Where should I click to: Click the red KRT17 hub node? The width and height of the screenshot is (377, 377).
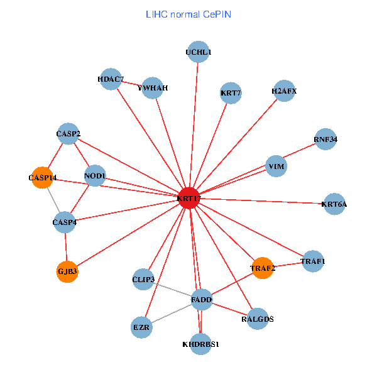188,198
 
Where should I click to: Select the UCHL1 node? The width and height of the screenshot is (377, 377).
199,53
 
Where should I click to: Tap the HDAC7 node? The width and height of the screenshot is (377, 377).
111,79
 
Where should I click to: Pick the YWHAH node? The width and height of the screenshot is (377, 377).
153,88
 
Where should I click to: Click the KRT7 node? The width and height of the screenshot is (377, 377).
231,93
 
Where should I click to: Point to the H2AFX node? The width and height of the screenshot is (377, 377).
284,91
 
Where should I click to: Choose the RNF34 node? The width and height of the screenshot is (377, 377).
325,139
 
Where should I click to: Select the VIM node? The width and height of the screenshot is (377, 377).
276,167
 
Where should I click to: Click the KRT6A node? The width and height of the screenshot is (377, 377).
334,204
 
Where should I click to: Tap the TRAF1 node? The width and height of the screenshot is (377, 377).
313,261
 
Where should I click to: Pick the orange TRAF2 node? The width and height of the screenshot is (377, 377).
263,268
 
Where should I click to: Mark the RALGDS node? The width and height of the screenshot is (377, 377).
258,319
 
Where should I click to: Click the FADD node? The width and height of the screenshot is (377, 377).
201,300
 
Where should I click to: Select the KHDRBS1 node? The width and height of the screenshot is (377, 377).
200,344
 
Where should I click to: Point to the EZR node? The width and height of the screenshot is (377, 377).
142,327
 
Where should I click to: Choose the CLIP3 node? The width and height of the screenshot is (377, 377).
144,278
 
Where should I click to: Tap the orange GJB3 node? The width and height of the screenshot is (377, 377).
67,271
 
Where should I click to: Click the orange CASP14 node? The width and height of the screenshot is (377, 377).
42,178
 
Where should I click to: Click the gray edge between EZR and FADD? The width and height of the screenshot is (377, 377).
172,314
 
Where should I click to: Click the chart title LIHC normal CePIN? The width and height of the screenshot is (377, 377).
188,13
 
